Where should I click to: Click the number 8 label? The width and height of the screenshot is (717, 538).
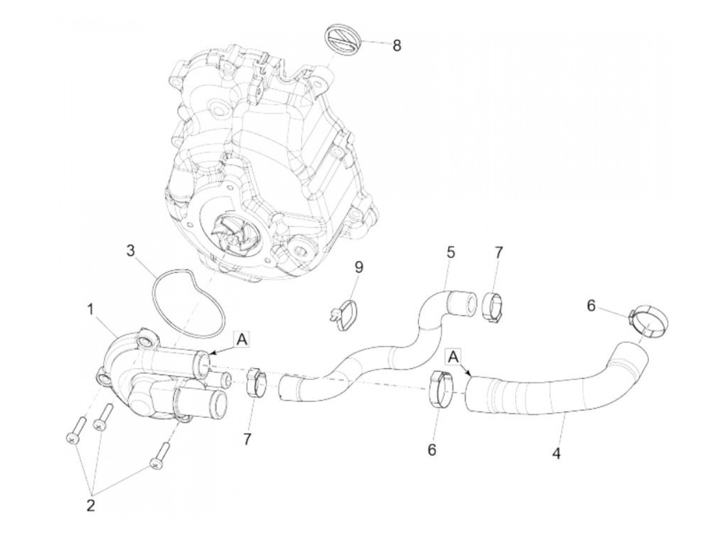coord(397,46)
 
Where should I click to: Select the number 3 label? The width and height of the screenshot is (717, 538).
coord(132,251)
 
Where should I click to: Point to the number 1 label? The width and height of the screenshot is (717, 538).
coord(90,309)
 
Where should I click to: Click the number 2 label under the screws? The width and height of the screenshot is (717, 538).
coord(91,506)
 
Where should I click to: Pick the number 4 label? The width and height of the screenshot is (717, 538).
coord(556,453)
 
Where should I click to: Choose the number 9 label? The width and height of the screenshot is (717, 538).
coord(358,266)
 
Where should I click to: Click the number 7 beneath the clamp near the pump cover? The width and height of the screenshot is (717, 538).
coord(247,439)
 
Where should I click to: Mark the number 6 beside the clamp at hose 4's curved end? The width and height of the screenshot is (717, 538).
coord(591,306)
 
